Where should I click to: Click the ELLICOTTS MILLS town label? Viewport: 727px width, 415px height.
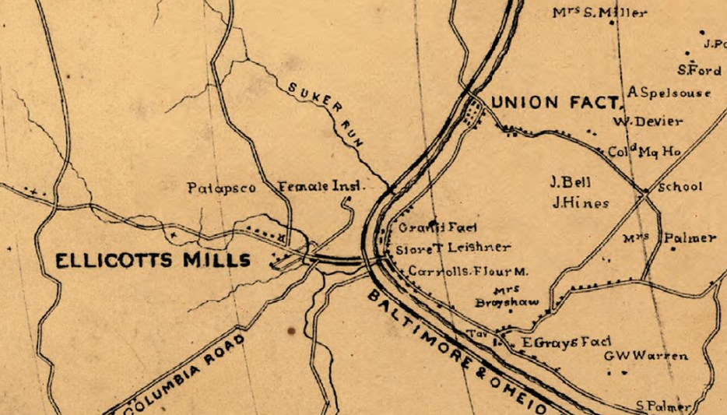[x=153, y=260]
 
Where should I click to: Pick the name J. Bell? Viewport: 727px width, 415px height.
[x=570, y=183]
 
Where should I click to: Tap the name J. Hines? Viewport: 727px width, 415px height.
[x=579, y=202]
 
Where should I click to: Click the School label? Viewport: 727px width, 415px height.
[x=680, y=187]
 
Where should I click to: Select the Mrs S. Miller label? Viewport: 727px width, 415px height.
[x=599, y=12]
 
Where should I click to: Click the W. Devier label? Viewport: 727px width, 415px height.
[x=648, y=121]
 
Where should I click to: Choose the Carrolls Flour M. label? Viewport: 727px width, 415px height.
[x=469, y=272]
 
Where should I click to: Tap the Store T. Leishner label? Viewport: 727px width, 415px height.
[x=453, y=249]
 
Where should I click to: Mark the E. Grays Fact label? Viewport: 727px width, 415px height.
[x=565, y=342]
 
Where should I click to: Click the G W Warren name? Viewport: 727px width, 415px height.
[x=646, y=356]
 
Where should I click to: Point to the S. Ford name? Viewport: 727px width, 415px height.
[x=698, y=70]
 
